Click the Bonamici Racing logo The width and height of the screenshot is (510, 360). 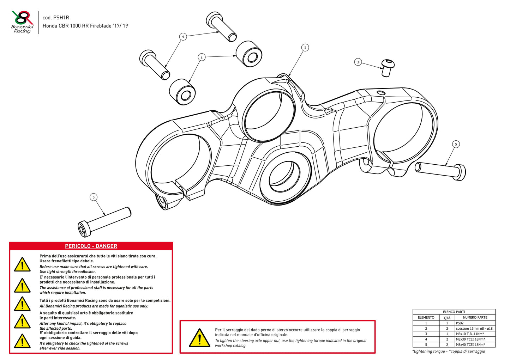pyautogui.click(x=22, y=22)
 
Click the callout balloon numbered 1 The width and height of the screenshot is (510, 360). pyautogui.click(x=305, y=47)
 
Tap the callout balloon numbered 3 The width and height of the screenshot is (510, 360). pyautogui.click(x=358, y=62)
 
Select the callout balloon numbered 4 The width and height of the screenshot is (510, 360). pyautogui.click(x=183, y=37)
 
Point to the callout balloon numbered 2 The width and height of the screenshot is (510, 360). pyautogui.click(x=202, y=57)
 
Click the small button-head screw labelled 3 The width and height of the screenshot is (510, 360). pyautogui.click(x=387, y=68)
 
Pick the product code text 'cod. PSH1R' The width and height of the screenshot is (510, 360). pyautogui.click(x=56, y=18)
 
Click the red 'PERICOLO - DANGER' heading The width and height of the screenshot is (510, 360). pyautogui.click(x=91, y=246)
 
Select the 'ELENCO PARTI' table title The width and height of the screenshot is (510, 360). pyautogui.click(x=454, y=312)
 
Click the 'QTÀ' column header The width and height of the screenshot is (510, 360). pyautogui.click(x=447, y=317)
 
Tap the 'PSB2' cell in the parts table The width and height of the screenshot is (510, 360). pyautogui.click(x=460, y=323)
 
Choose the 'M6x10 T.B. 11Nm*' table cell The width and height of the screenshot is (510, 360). pyautogui.click(x=469, y=334)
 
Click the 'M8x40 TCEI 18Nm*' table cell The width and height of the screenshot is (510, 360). pyautogui.click(x=470, y=344)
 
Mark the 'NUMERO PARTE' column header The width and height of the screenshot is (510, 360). pyautogui.click(x=475, y=317)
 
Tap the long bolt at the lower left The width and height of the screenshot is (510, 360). pyautogui.click(x=104, y=221)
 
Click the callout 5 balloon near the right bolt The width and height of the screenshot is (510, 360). pyautogui.click(x=456, y=144)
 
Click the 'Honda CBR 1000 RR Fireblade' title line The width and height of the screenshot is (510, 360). pyautogui.click(x=85, y=26)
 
